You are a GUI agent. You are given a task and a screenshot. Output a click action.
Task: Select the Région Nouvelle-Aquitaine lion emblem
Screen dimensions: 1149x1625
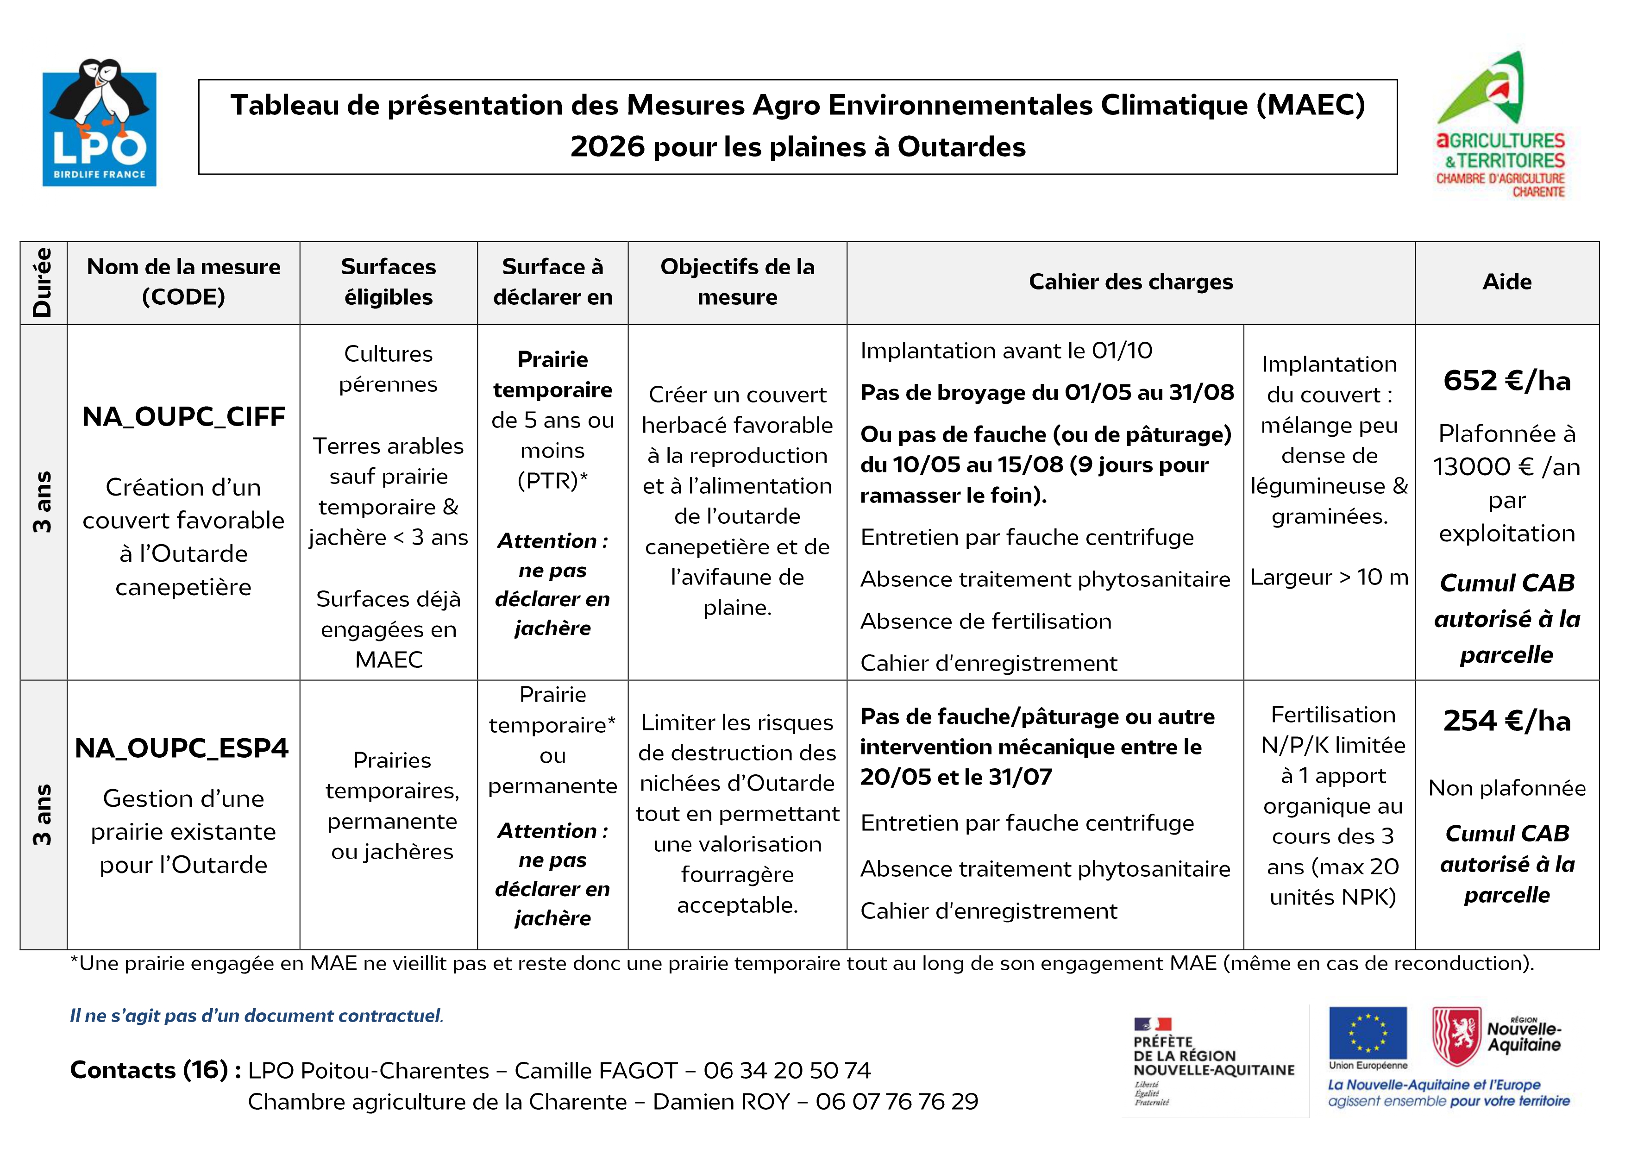click(x=1456, y=1036)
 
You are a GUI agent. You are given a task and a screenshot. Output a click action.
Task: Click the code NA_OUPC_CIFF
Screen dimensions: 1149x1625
click(x=183, y=416)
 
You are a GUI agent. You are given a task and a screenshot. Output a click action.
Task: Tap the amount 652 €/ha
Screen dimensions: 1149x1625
click(x=1507, y=381)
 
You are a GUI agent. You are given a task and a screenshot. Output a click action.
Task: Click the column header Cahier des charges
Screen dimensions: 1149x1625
click(x=1130, y=282)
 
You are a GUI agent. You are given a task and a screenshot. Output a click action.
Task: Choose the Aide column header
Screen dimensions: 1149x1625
click(x=1507, y=282)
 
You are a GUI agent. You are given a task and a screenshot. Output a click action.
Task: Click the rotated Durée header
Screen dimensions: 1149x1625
click(x=43, y=282)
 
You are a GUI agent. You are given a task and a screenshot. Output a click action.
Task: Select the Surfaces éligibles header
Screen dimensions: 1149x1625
click(x=388, y=282)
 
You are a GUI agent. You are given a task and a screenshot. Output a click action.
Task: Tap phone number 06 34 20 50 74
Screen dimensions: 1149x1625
click(x=787, y=1070)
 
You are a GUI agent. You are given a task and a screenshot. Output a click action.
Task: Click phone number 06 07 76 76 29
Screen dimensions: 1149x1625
click(x=897, y=1102)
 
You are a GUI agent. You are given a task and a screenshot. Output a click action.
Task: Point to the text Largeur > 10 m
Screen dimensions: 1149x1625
click(x=1329, y=577)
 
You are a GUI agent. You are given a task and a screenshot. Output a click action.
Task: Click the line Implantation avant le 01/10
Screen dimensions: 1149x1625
click(x=1006, y=351)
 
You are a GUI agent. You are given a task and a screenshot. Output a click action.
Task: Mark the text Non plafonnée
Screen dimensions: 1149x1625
click(x=1507, y=788)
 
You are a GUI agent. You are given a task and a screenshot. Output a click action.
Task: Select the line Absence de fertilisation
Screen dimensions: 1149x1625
click(x=985, y=621)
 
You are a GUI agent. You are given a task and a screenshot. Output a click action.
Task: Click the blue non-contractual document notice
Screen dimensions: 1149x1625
click(x=256, y=1016)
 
